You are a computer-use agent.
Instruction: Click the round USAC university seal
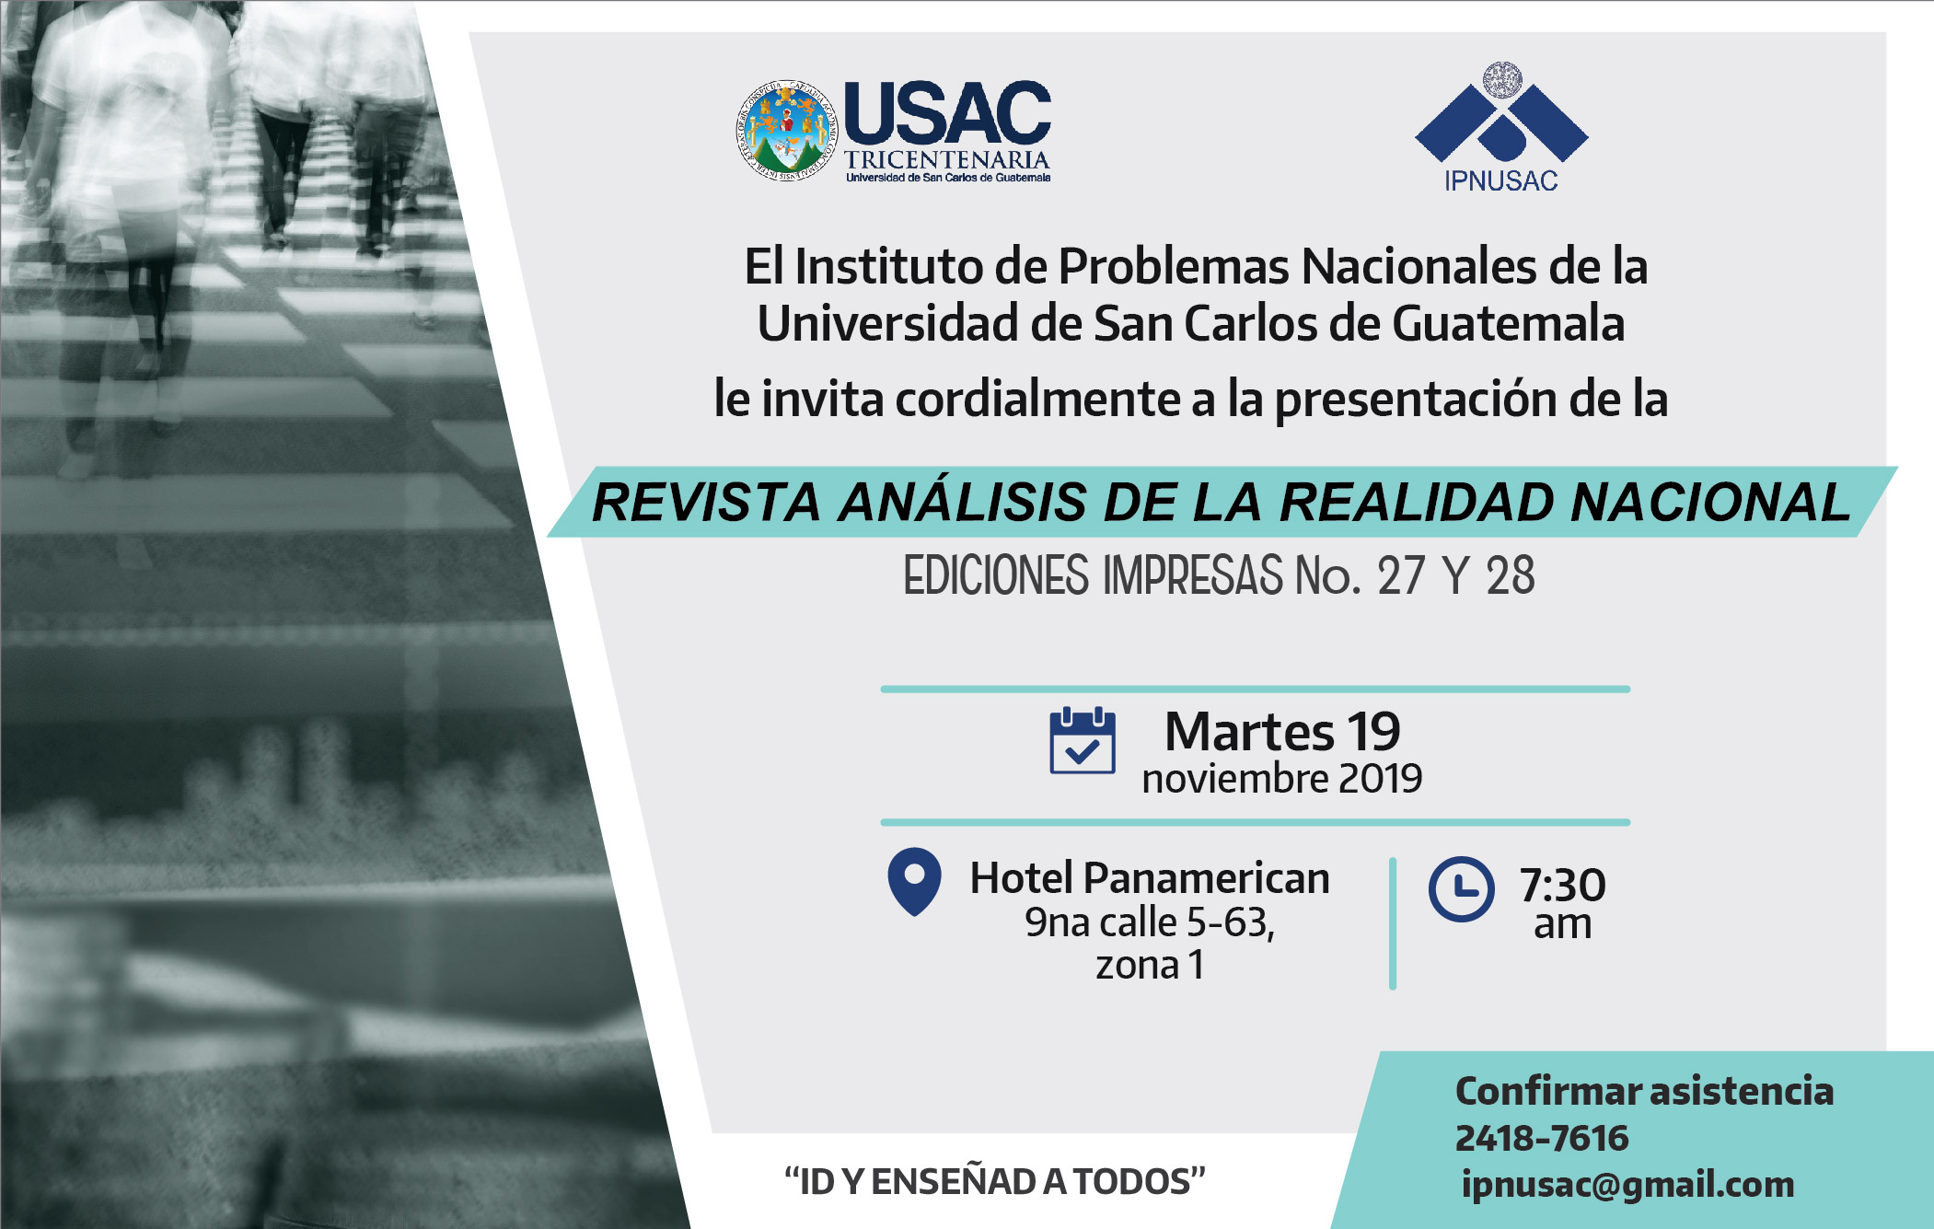tap(787, 130)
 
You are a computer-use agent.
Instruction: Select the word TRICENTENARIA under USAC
tap(947, 159)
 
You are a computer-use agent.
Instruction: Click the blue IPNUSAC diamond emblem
tap(1501, 113)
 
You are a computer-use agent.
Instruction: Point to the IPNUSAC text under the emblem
tap(1501, 180)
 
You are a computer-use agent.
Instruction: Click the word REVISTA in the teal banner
tap(705, 503)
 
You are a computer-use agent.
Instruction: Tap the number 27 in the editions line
tap(1401, 576)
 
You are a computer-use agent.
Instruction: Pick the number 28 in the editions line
tap(1511, 576)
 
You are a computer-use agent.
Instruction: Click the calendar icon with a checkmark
tap(1083, 740)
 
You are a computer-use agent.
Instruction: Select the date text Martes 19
tap(1282, 732)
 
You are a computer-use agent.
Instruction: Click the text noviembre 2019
tap(1282, 779)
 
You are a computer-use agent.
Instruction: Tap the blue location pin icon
tap(914, 881)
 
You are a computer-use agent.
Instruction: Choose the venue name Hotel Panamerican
tap(1150, 877)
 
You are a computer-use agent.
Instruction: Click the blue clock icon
tap(1461, 889)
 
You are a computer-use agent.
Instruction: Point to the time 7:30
tap(1562, 885)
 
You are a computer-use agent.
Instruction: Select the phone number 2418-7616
tap(1542, 1139)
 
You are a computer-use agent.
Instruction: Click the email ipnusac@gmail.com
tap(1627, 1185)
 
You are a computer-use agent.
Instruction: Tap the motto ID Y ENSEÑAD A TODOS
tap(994, 1181)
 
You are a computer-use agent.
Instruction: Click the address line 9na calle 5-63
tap(1150, 922)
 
